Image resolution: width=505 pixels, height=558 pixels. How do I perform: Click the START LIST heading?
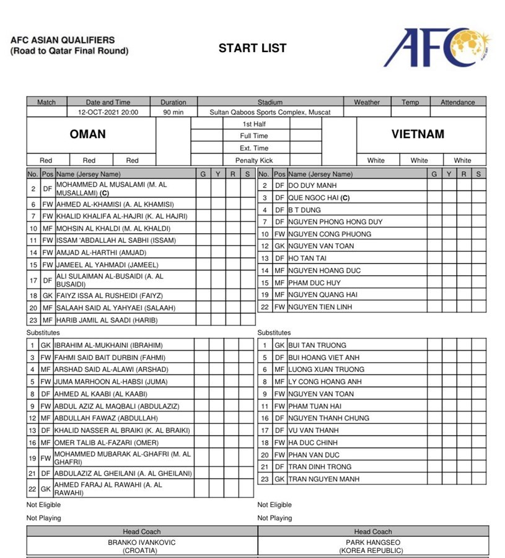(x=252, y=48)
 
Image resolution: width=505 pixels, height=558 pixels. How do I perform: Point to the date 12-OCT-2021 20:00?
(x=108, y=112)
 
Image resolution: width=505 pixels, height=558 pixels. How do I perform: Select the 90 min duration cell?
(x=173, y=112)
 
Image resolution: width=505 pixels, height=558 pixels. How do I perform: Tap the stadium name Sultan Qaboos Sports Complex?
(x=270, y=112)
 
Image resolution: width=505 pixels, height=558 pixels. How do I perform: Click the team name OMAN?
(x=88, y=134)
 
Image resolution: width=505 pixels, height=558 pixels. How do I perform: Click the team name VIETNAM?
(x=418, y=134)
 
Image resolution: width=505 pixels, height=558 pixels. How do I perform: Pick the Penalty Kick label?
(x=254, y=161)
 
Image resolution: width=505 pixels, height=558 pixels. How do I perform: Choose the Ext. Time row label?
(x=254, y=148)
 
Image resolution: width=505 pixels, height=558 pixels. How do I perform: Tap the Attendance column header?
(x=457, y=102)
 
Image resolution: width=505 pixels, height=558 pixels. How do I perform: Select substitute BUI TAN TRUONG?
(x=317, y=345)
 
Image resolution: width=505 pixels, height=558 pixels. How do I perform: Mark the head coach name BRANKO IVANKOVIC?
(x=142, y=542)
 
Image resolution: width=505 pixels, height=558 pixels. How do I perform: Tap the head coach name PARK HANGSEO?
(x=372, y=542)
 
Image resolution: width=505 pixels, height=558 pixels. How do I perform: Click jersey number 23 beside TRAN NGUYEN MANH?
(x=265, y=479)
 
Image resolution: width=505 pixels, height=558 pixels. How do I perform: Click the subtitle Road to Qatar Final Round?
(x=69, y=51)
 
